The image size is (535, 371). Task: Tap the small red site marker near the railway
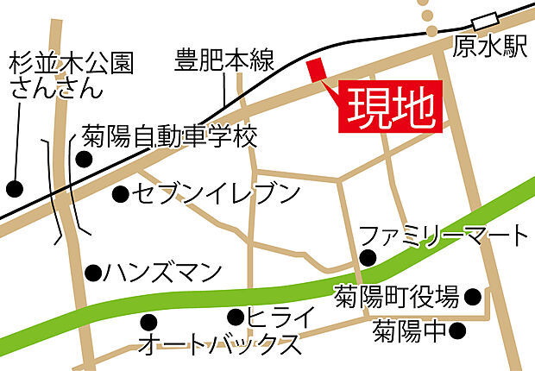pyautogui.click(x=314, y=70)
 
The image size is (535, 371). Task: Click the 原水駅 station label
pyautogui.click(x=489, y=48)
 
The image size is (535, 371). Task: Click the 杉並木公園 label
pyautogui.click(x=73, y=63)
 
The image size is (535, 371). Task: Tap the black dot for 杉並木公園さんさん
pyautogui.click(x=14, y=187)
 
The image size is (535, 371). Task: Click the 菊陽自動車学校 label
pyautogui.click(x=170, y=136)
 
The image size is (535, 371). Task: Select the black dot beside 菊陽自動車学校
pyautogui.click(x=84, y=159)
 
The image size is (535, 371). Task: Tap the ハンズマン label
pyautogui.click(x=163, y=273)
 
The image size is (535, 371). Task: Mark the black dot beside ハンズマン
pyautogui.click(x=92, y=273)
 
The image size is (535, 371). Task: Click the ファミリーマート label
pyautogui.click(x=442, y=234)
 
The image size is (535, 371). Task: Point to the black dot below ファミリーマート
pyautogui.click(x=368, y=256)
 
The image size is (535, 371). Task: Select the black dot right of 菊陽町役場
pyautogui.click(x=472, y=298)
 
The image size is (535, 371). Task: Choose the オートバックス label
pyautogui.click(x=220, y=346)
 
